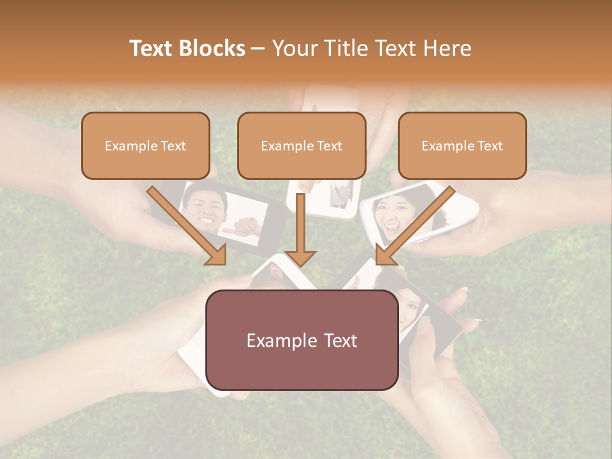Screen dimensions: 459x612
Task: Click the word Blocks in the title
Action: click(x=212, y=48)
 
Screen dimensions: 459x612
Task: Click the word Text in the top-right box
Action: click(x=490, y=146)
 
